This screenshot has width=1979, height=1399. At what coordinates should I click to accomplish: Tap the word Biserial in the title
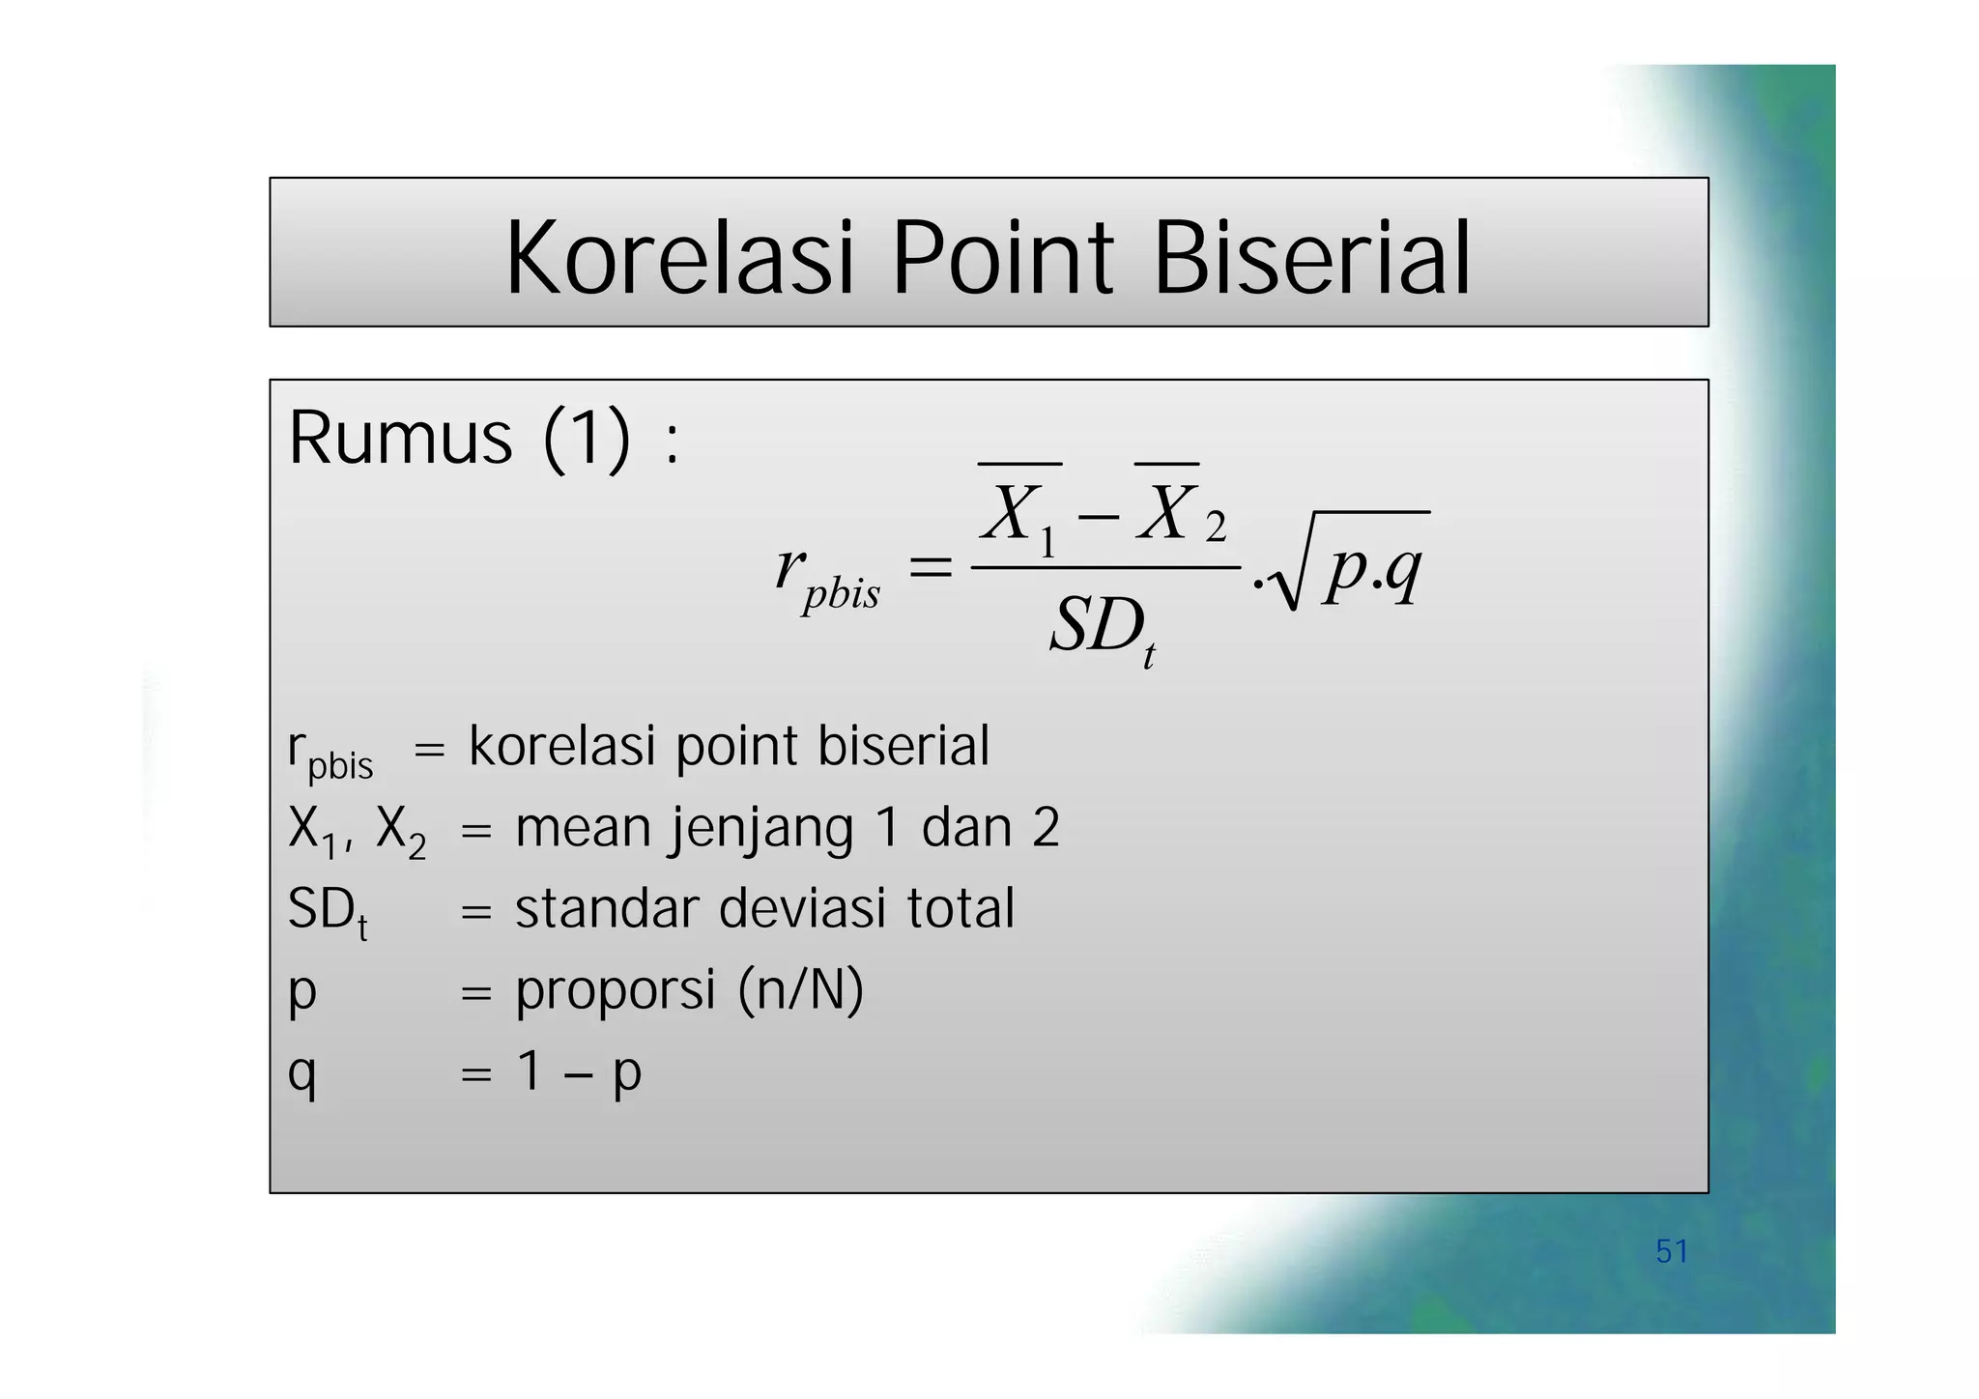(1311, 258)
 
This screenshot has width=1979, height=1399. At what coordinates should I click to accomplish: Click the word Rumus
(400, 439)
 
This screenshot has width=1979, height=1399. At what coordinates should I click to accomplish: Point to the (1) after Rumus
(587, 441)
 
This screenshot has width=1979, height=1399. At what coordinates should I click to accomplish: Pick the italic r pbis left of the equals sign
(826, 576)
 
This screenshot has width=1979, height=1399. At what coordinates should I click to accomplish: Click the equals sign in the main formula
(931, 568)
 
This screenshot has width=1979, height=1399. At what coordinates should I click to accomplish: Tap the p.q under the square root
(1373, 570)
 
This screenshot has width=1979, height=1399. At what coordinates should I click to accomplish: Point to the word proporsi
(616, 990)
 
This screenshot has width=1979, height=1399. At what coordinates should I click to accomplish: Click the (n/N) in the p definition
(801, 990)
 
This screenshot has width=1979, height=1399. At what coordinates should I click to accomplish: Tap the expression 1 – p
(578, 1071)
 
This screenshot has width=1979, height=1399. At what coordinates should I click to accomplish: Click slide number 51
(1671, 1251)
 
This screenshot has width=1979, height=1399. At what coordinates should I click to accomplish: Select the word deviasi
(802, 909)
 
